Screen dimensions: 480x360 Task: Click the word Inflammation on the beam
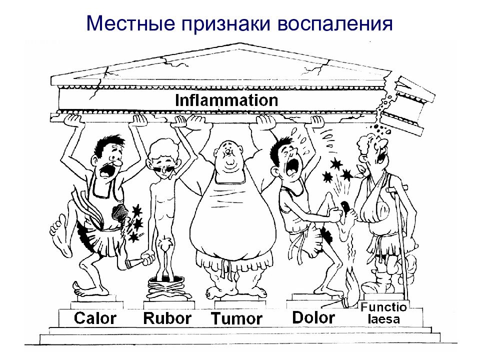(226, 100)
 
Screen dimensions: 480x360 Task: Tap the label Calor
(95, 318)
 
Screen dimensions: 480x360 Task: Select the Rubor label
(167, 318)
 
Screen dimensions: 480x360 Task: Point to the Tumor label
(236, 318)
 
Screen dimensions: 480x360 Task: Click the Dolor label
(313, 317)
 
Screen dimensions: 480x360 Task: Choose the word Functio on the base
(383, 306)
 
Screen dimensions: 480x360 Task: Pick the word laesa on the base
(383, 319)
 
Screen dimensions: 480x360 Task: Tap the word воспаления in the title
(335, 24)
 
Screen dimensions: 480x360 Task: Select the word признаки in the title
(226, 24)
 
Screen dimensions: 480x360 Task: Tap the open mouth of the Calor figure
(105, 171)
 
